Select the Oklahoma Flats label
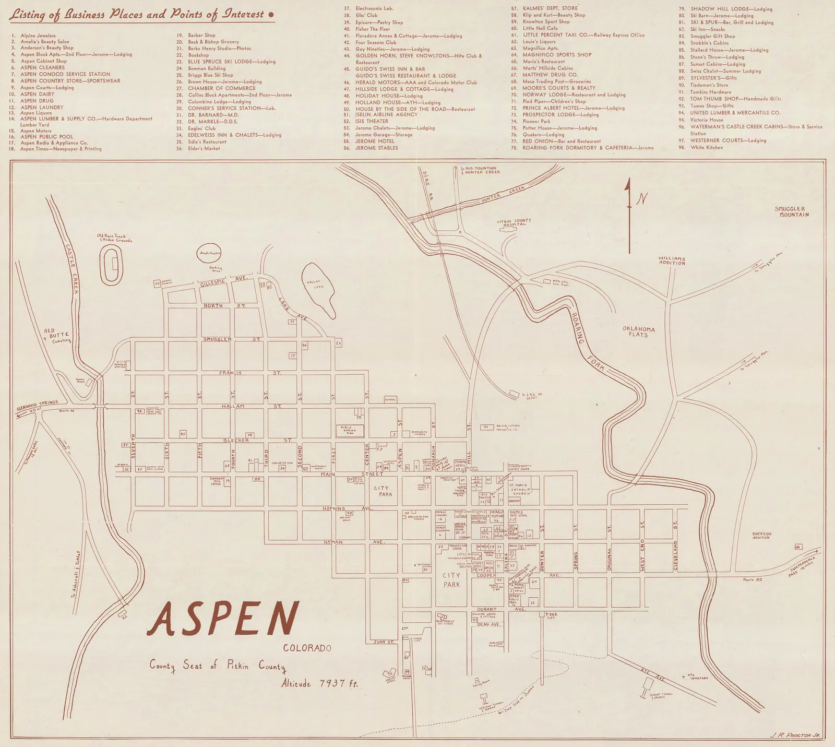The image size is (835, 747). [638, 332]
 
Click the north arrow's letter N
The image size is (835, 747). [643, 199]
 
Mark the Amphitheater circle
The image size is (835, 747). [211, 254]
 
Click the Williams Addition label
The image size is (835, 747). [672, 260]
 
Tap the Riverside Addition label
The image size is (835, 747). [761, 536]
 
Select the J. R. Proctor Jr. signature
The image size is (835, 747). [795, 735]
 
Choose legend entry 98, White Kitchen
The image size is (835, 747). [707, 148]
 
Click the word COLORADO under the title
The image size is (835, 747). [307, 649]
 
